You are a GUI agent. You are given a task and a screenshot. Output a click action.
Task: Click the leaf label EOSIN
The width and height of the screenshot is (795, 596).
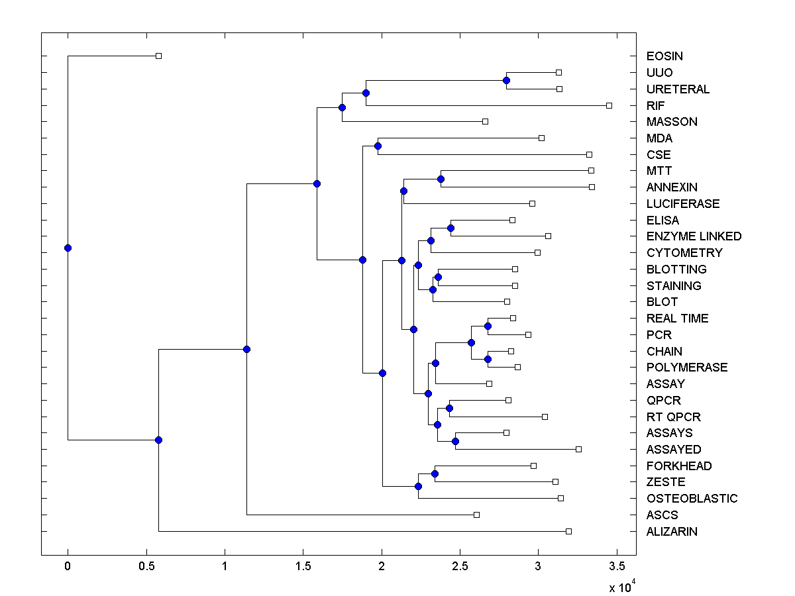pos(664,56)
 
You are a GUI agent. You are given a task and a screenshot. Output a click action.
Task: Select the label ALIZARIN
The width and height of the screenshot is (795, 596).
pos(672,532)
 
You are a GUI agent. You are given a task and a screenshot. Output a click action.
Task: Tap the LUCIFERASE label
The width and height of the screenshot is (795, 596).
pos(683,204)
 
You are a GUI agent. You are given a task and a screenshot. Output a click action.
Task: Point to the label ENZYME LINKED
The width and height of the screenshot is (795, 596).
pos(694,236)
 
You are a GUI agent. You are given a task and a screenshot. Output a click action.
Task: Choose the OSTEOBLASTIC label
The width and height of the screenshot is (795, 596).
pos(692,499)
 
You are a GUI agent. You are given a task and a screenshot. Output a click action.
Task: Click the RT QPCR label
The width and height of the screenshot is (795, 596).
pos(673,417)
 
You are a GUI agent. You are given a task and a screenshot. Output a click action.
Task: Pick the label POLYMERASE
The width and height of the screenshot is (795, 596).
pos(687,368)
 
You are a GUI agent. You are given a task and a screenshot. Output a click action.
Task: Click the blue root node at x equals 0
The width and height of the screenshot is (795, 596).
pos(68,248)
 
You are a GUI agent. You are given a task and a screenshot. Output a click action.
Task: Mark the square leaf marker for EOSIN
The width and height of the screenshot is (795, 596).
pos(158,56)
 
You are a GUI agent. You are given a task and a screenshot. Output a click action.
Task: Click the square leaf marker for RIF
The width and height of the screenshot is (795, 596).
pos(609,105)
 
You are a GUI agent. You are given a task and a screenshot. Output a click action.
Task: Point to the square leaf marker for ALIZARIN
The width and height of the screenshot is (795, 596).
pos(568,531)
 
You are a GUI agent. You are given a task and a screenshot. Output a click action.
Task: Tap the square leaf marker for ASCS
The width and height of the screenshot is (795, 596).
pos(476,515)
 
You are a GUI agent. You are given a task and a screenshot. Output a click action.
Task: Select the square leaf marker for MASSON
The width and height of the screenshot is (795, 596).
pos(485,121)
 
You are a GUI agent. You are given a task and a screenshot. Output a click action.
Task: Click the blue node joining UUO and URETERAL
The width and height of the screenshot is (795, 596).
pos(507,80)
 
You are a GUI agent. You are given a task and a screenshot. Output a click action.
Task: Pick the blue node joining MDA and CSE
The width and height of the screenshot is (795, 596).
pos(378,146)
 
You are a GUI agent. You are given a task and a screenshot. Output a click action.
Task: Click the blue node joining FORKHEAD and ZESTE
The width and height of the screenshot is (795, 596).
pos(435,473)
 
